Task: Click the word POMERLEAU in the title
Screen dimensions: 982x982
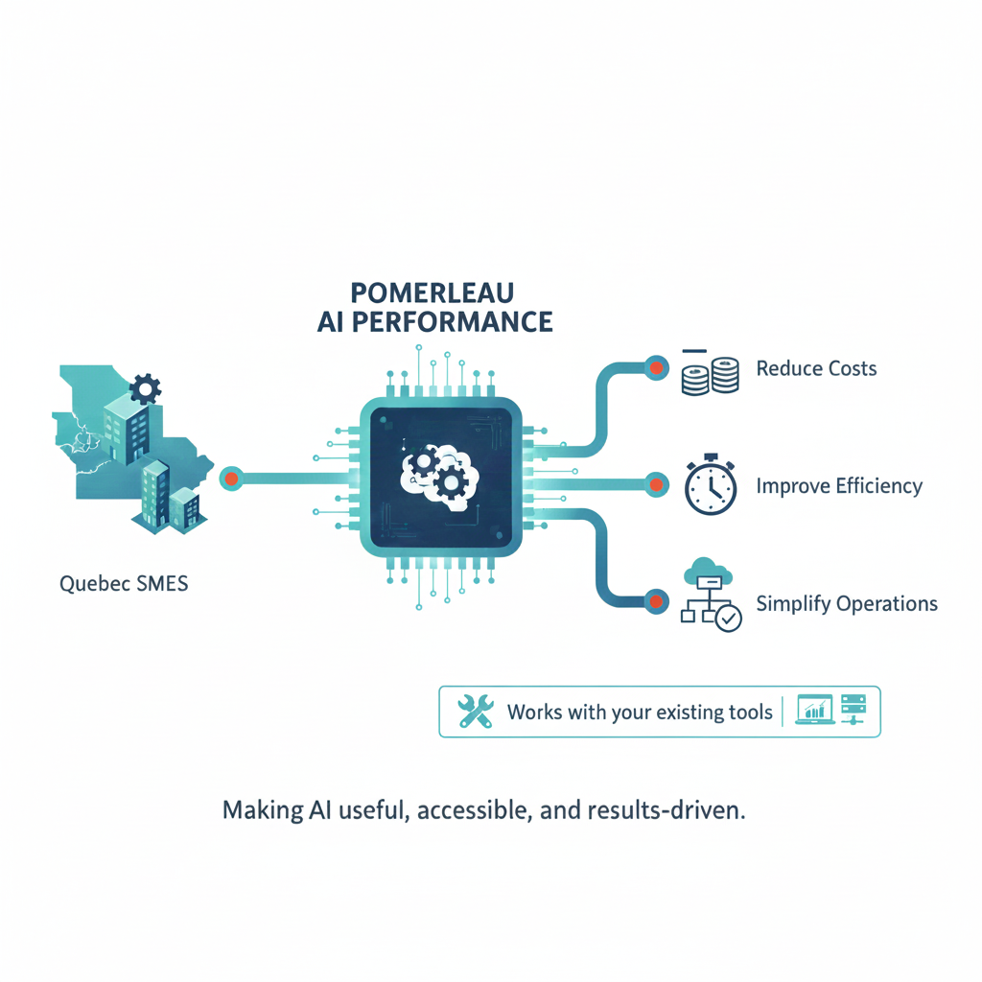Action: [x=433, y=293]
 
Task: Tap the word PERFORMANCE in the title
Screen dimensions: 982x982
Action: [x=453, y=322]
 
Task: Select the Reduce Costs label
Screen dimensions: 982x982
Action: [x=816, y=368]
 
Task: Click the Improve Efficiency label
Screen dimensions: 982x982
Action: [x=839, y=486]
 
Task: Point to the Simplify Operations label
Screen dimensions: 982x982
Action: [x=847, y=604]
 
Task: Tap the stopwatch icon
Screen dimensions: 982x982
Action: [x=711, y=484]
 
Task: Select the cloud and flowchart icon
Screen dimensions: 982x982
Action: [x=711, y=595]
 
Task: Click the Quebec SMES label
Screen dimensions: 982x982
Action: [x=124, y=584]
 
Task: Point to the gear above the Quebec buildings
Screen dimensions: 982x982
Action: [x=146, y=389]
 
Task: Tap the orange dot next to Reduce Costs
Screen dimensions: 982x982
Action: [x=656, y=368]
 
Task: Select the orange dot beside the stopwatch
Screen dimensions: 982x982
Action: [x=656, y=484]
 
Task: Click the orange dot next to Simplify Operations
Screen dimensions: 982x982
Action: [x=656, y=602]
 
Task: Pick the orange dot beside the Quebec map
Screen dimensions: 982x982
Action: [x=231, y=479]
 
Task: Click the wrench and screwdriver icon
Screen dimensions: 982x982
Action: [x=476, y=712]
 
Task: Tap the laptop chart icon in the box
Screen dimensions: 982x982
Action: [x=815, y=710]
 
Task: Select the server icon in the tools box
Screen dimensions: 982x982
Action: [x=853, y=710]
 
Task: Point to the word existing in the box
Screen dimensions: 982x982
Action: [x=687, y=713]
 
